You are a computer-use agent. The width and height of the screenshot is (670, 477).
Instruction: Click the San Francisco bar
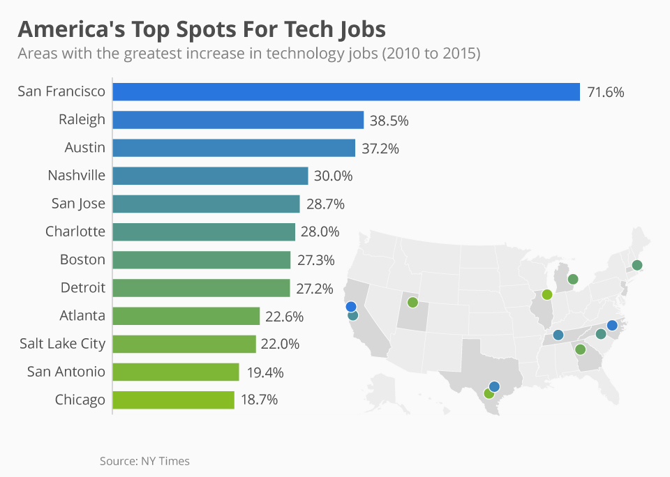coord(346,92)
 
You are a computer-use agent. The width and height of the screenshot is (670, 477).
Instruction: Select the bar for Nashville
coord(210,176)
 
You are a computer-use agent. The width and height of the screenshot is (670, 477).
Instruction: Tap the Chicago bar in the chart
coord(173,400)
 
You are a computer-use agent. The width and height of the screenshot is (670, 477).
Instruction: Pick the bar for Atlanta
coord(186,316)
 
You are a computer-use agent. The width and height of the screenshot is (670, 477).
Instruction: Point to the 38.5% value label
coord(389,120)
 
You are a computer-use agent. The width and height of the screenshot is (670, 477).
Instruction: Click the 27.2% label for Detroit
coord(315,288)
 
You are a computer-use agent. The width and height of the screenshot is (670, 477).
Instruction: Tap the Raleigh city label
coord(82,119)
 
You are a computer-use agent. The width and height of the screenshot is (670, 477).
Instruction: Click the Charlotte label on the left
coord(75,232)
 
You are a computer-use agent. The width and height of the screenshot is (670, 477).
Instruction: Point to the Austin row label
coord(85,148)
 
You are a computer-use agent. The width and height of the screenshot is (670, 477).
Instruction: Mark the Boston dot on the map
coord(636,265)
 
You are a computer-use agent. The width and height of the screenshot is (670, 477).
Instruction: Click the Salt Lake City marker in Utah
coord(412,303)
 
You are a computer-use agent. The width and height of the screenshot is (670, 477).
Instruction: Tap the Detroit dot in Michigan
coord(573,280)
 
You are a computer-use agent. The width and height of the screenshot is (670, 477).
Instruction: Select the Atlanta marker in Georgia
coord(580,349)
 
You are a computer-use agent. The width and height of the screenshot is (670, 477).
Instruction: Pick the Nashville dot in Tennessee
coord(558,335)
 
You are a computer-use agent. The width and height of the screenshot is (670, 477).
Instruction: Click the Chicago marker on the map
coord(547,294)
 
